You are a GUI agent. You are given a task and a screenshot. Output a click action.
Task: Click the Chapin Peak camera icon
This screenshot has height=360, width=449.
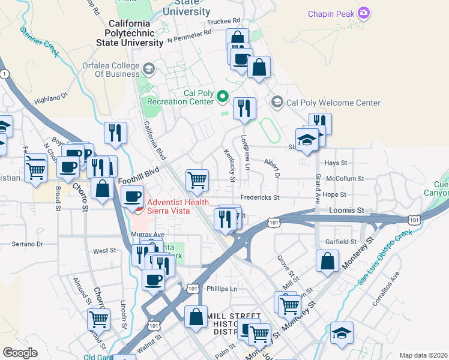click(x=363, y=13)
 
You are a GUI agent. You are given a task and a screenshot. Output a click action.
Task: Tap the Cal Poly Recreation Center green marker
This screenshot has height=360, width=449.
click(x=223, y=96)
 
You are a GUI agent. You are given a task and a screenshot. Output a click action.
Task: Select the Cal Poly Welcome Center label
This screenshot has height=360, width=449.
click(x=333, y=103)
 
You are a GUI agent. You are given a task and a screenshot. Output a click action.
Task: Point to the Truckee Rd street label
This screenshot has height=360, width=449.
click(x=223, y=21)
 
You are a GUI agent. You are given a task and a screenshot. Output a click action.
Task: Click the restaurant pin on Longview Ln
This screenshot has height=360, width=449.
click(x=244, y=109)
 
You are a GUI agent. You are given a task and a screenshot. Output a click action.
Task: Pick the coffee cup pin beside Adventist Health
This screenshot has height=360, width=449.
click(x=132, y=196)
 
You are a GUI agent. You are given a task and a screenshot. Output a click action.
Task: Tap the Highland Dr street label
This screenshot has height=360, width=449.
click(x=52, y=98)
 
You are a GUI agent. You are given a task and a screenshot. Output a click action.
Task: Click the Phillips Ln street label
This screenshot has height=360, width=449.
click(x=221, y=289)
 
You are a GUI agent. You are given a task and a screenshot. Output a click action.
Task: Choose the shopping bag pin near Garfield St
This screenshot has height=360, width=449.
click(x=327, y=262)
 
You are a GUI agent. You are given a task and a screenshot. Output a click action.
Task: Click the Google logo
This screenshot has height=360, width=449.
click(x=20, y=353)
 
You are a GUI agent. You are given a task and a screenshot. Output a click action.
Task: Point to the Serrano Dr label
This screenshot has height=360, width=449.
click(x=28, y=244)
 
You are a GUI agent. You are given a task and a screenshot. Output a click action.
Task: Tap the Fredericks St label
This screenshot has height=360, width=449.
click(x=260, y=197)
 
